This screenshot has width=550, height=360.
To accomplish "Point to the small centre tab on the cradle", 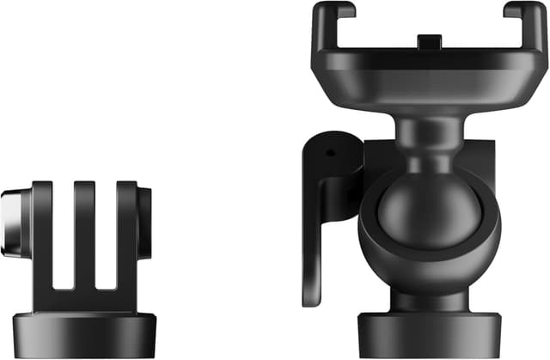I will coord(428,40).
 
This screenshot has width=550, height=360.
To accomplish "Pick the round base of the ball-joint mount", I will coord(428,336).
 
